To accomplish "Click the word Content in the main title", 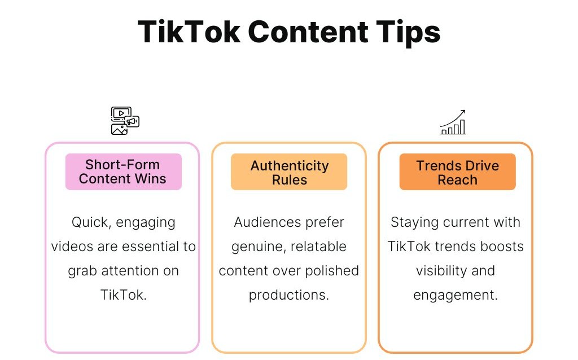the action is (308, 32).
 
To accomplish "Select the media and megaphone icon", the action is (125, 121).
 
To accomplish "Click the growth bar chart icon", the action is (453, 122).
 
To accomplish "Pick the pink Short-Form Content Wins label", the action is (124, 172).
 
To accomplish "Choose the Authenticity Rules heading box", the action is (289, 172).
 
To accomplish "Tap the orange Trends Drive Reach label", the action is (457, 172).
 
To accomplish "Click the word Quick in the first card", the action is (90, 222).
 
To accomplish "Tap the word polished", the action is (332, 271).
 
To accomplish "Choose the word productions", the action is (288, 295).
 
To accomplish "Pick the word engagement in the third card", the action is (456, 295).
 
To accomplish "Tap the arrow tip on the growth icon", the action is (465, 110).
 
